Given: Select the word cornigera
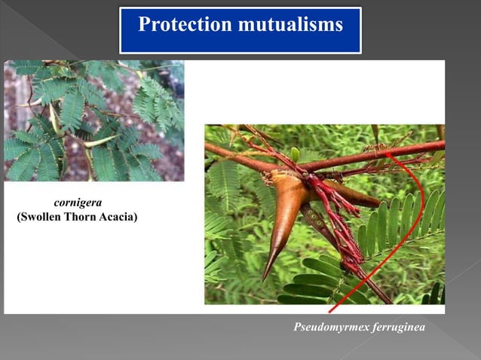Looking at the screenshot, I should point(78,203).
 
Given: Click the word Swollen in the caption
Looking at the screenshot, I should point(47,218).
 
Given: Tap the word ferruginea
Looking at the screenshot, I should point(396,329).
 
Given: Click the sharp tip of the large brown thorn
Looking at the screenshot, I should point(264,278).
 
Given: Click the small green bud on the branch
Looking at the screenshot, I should point(295,154).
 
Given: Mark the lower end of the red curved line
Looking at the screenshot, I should point(330,311).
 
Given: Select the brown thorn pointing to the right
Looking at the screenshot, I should point(354,197).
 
